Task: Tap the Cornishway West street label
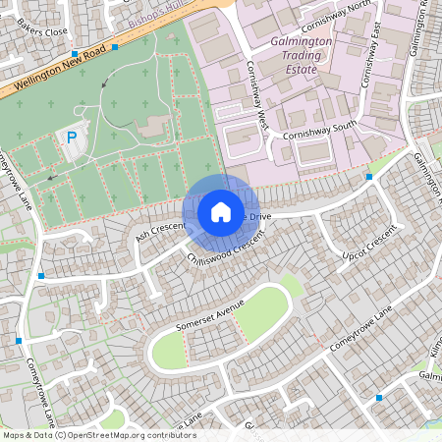(x=257, y=97)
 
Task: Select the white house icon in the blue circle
(x=220, y=212)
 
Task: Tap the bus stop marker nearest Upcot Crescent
(x=369, y=177)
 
